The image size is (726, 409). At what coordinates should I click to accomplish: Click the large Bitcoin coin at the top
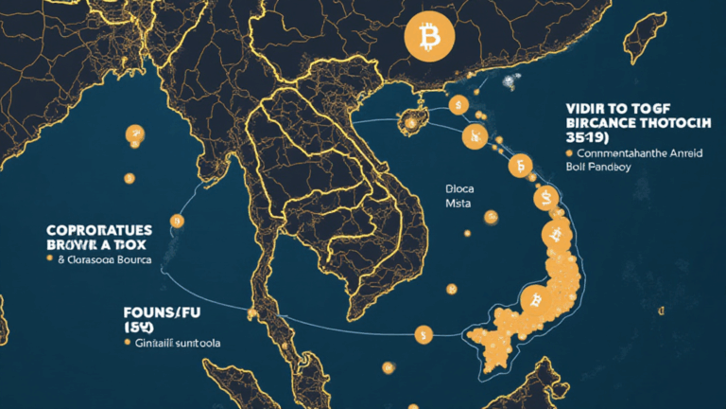[429, 38]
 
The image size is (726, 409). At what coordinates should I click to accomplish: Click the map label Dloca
[459, 188]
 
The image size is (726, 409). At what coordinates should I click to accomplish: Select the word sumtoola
[195, 343]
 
